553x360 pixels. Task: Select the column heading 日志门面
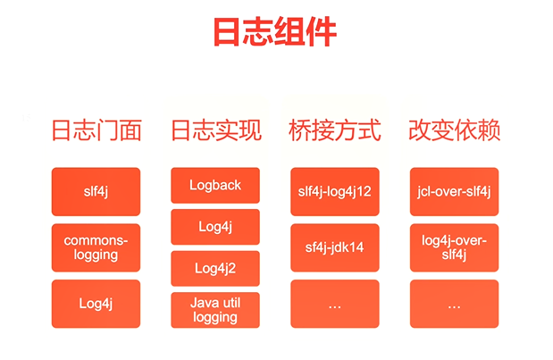(x=96, y=130)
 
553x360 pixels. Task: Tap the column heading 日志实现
(x=215, y=130)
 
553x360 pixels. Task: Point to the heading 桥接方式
(x=334, y=130)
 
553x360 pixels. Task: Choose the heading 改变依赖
(x=454, y=130)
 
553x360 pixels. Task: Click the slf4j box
(x=96, y=191)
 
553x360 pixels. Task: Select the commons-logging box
(x=96, y=247)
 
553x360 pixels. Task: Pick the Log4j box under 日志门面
(x=96, y=304)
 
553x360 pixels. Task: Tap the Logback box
(x=215, y=185)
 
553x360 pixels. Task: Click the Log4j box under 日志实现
(x=215, y=227)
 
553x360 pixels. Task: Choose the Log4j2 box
(x=215, y=268)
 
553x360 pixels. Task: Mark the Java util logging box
(x=215, y=310)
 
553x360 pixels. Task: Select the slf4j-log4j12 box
(x=334, y=191)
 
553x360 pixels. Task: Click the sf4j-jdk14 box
(x=334, y=247)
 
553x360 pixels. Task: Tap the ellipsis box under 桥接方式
(x=334, y=304)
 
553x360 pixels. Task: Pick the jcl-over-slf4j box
(x=454, y=191)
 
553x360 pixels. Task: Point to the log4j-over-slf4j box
(x=454, y=247)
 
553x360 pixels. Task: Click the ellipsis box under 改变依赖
(x=454, y=304)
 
